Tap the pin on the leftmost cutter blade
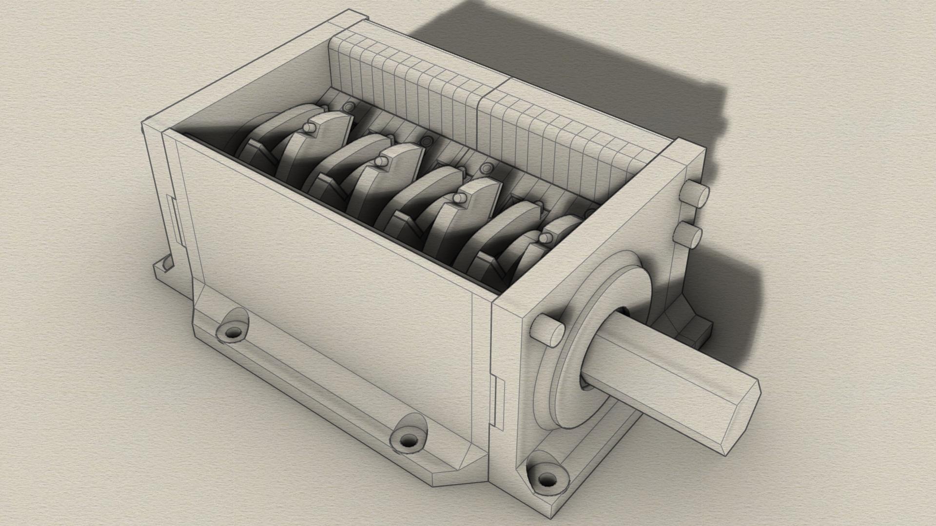tap(308, 127)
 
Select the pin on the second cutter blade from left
tap(380, 161)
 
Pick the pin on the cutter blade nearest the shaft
tap(545, 238)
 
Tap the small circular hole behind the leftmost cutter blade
tap(348, 106)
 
